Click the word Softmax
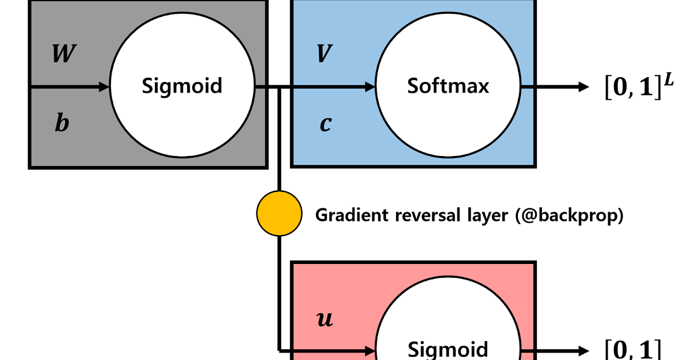pyautogui.click(x=448, y=86)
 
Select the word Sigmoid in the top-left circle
pyautogui.click(x=182, y=86)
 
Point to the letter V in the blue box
pyautogui.click(x=324, y=54)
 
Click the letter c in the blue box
pyautogui.click(x=325, y=124)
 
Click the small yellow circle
pyautogui.click(x=279, y=214)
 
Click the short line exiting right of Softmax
pyautogui.click(x=527, y=87)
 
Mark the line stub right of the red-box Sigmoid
pyautogui.click(x=527, y=350)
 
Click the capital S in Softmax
pyautogui.click(x=412, y=86)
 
